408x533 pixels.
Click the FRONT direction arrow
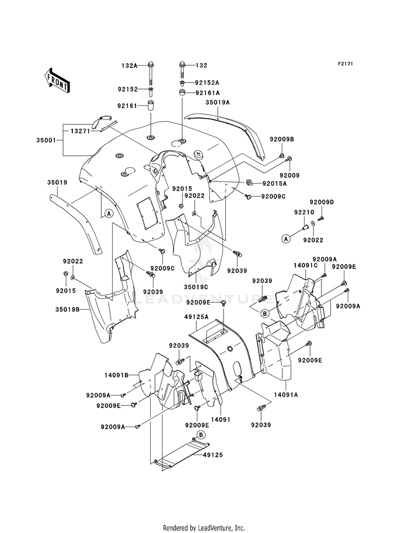[x=57, y=80]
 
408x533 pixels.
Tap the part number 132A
[x=129, y=66]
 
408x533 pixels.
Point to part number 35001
[x=45, y=140]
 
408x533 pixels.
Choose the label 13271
[x=81, y=131]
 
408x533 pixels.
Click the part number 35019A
[x=218, y=102]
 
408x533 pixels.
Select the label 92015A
[x=275, y=184]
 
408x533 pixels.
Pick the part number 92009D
[x=322, y=202]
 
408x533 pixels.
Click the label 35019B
[x=67, y=310]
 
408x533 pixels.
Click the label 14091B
[x=116, y=375]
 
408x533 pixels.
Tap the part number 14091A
[x=286, y=394]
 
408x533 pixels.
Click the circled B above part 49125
[x=201, y=435]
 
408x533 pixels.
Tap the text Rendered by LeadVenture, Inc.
[x=204, y=528]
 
